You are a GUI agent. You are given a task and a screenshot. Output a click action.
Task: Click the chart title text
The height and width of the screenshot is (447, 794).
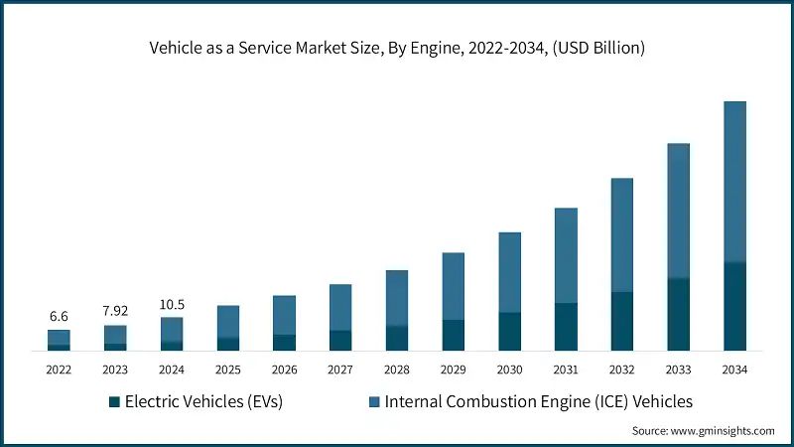[397, 48]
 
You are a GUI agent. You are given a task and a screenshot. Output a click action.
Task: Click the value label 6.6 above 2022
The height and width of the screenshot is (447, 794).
[59, 316]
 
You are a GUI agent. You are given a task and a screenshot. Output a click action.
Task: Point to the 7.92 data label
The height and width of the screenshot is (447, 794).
[115, 311]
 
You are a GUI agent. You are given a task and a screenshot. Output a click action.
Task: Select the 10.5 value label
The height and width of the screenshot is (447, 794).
[172, 304]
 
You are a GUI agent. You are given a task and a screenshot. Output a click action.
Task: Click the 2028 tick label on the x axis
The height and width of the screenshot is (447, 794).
[397, 370]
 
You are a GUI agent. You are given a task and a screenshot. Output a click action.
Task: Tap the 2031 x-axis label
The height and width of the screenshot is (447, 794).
[566, 370]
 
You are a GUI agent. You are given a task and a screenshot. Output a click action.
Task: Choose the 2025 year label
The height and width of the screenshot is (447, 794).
[228, 370]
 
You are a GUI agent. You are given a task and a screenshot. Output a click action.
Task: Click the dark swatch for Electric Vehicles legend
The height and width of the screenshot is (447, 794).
[114, 401]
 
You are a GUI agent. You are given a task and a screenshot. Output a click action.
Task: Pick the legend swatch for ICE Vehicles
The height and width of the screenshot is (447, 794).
[373, 401]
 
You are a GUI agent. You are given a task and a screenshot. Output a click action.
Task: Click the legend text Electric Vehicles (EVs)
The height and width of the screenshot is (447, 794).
[203, 401]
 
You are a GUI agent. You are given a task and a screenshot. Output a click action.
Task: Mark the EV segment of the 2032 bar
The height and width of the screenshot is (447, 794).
[622, 321]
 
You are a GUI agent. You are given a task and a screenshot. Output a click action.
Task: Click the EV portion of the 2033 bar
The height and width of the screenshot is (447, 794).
[678, 314]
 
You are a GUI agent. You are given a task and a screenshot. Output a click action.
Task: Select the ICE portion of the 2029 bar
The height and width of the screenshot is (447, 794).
[454, 286]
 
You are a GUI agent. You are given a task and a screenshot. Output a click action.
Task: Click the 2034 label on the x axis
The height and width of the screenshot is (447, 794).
[734, 370]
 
